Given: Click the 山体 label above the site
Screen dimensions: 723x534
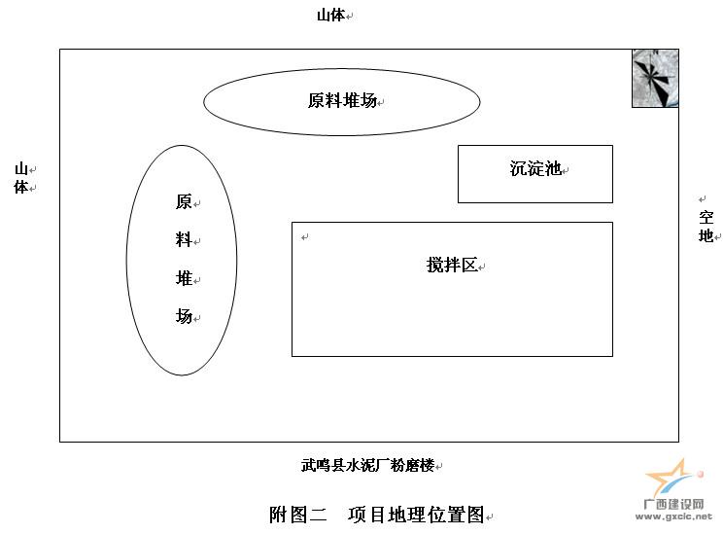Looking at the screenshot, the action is pyautogui.click(x=330, y=16).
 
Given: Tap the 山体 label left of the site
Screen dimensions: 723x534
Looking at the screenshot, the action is pyautogui.click(x=21, y=178).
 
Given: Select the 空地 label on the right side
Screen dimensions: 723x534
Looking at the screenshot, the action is pyautogui.click(x=706, y=227).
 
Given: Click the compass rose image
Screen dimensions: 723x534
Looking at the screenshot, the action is pyautogui.click(x=655, y=78).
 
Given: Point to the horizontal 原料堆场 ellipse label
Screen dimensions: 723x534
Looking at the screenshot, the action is pyautogui.click(x=343, y=100).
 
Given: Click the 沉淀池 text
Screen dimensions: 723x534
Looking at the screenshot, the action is pyautogui.click(x=535, y=168).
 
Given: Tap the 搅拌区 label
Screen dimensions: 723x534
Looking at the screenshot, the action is pyautogui.click(x=452, y=265).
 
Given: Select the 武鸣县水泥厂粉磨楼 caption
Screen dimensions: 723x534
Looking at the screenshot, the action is pyautogui.click(x=368, y=465).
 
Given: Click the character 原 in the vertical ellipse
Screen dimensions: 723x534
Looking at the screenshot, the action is pyautogui.click(x=184, y=201).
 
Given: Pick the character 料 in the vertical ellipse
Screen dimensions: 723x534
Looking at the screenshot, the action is pyautogui.click(x=184, y=240).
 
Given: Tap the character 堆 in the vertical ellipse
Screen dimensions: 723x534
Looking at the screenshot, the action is pyautogui.click(x=184, y=278).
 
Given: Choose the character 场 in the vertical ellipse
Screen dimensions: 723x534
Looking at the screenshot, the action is pyautogui.click(x=184, y=317).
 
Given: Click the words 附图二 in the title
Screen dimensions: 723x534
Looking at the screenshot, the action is pyautogui.click(x=298, y=515).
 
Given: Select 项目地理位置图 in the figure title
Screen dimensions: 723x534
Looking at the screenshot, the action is pyautogui.click(x=416, y=515).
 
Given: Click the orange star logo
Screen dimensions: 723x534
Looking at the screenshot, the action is pyautogui.click(x=671, y=478).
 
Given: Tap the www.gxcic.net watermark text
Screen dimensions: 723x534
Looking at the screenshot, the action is pyautogui.click(x=673, y=516).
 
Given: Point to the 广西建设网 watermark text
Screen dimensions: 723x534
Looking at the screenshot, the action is pyautogui.click(x=673, y=505).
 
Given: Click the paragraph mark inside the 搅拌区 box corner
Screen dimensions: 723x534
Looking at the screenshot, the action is pyautogui.click(x=304, y=237).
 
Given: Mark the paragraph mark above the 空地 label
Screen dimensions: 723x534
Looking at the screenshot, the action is pyautogui.click(x=703, y=199).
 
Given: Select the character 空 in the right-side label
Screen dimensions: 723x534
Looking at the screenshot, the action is pyautogui.click(x=706, y=218).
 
